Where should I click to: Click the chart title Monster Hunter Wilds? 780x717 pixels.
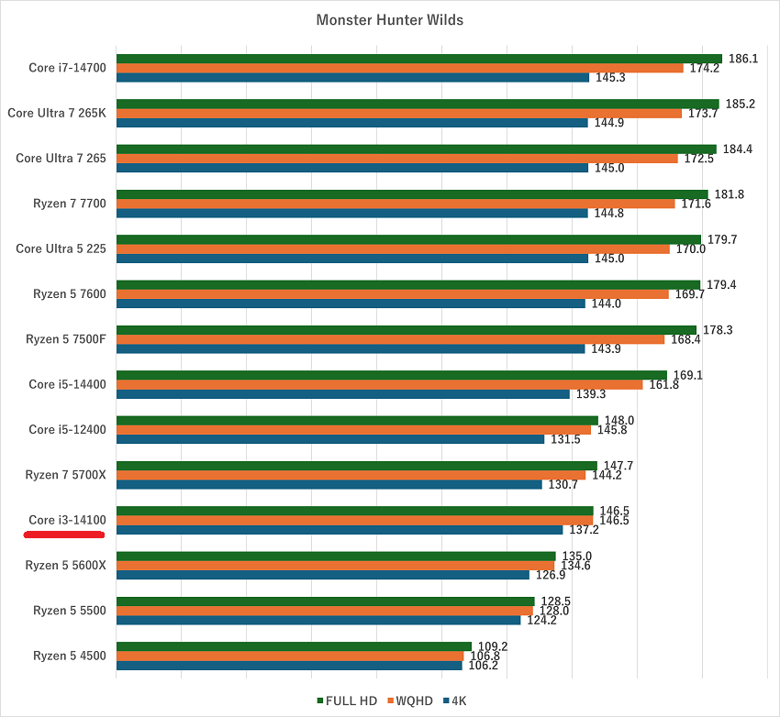click(x=390, y=19)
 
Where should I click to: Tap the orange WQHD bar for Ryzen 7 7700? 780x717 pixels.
click(x=396, y=204)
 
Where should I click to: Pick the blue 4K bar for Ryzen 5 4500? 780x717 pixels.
click(x=289, y=666)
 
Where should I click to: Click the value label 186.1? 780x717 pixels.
click(x=742, y=59)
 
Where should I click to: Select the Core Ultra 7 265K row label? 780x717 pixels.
click(x=57, y=114)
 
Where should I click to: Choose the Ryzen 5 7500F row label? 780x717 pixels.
click(x=66, y=339)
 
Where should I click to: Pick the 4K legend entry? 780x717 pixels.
click(x=455, y=700)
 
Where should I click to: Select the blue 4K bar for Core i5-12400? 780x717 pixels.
click(x=330, y=439)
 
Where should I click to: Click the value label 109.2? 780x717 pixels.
click(x=492, y=645)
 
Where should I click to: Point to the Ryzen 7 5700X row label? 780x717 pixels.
click(x=65, y=475)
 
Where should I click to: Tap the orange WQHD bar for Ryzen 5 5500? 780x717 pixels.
click(x=325, y=611)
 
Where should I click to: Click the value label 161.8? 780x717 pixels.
click(x=663, y=385)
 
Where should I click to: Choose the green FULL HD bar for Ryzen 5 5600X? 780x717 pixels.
click(x=336, y=556)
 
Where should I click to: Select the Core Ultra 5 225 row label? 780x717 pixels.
click(x=61, y=248)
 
